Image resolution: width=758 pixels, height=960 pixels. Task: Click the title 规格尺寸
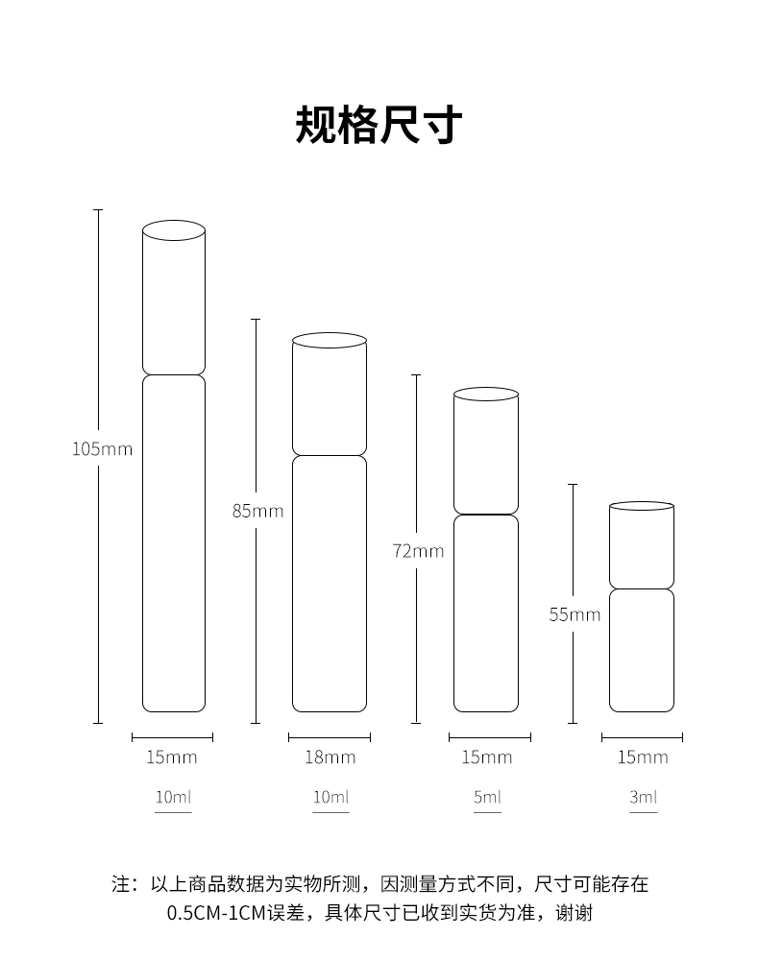[379, 126]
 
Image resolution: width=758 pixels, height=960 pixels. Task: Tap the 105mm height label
[102, 448]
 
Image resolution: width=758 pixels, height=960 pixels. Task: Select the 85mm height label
[257, 511]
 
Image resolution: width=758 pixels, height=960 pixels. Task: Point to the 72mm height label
[418, 551]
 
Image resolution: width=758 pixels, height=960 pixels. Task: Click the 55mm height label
[575, 614]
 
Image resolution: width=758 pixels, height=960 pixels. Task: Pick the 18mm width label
[330, 757]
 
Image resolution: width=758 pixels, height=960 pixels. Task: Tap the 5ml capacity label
[487, 798]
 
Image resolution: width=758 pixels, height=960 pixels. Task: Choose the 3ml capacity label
[643, 798]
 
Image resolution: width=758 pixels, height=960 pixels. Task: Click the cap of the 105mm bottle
[174, 299]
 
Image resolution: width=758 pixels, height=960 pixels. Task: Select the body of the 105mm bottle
[174, 543]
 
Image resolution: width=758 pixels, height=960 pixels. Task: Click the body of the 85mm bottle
[330, 584]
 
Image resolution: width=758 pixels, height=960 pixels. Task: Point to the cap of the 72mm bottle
[486, 452]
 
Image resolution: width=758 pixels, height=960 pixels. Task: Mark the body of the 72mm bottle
[486, 613]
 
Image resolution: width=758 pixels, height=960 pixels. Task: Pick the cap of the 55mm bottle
[642, 545]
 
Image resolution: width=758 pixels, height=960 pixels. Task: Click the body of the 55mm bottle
[642, 650]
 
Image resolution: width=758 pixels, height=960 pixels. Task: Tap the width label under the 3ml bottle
[642, 757]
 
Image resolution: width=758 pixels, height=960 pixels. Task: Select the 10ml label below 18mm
[330, 798]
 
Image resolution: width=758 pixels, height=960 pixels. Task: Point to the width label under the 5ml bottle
[486, 757]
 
